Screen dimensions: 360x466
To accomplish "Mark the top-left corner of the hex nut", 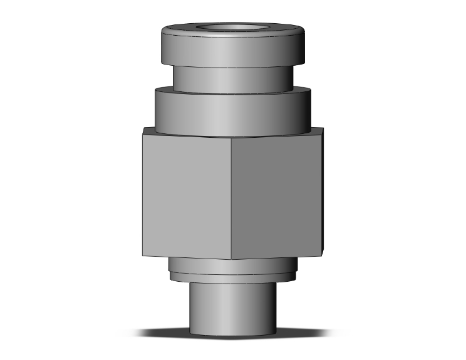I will [x=143, y=128].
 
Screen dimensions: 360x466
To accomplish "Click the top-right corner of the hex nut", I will [x=323, y=128].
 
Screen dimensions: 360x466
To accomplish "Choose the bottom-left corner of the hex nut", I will [x=143, y=255].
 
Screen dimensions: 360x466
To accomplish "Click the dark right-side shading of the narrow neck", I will [x=285, y=78].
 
